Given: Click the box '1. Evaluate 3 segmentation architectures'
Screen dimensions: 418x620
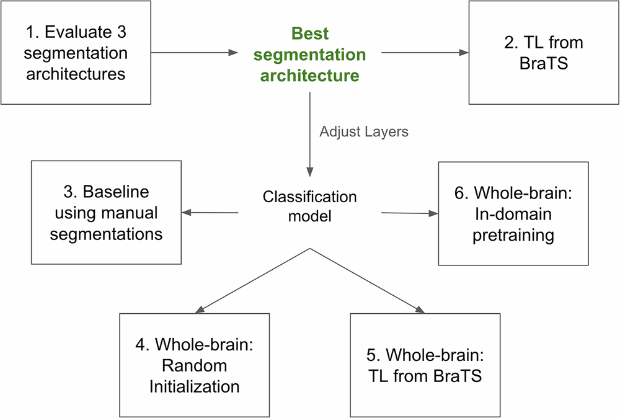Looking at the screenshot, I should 76,53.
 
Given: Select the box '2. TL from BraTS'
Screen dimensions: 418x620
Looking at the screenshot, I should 544,53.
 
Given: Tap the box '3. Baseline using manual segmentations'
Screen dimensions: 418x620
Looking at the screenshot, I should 106,212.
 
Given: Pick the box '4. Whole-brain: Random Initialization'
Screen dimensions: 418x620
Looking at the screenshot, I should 194,365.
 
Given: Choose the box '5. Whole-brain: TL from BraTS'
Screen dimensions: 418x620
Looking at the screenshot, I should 425,365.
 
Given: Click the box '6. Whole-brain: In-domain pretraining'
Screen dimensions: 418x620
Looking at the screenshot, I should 513,213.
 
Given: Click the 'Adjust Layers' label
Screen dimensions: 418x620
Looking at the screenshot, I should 364,131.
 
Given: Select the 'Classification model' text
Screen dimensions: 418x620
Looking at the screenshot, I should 309,206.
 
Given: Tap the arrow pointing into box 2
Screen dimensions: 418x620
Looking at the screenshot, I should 425,53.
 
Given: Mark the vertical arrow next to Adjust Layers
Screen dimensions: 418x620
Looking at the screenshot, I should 309,133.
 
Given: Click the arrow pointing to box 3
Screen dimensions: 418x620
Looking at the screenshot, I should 211,213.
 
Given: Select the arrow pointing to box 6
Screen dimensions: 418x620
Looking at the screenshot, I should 409,213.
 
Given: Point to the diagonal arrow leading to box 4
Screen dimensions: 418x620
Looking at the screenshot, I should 254,279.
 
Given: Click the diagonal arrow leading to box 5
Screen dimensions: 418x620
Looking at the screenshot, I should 366,279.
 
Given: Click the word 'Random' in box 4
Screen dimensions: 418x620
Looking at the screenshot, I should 194,365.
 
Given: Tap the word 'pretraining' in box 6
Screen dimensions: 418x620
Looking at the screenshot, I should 513,236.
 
